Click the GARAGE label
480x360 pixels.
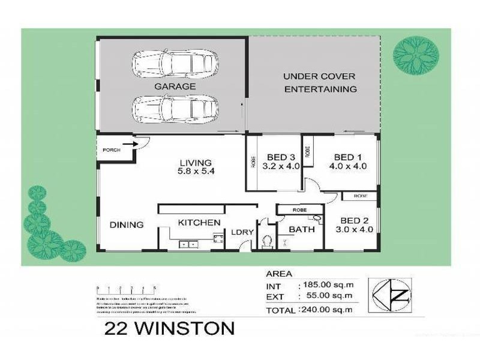pos(175,86)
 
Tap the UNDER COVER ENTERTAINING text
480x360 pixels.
pos(319,83)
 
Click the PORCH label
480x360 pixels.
pos(112,150)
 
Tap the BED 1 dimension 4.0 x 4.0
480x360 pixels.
pos(345,167)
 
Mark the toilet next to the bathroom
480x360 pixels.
pos(268,242)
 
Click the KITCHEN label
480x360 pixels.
pos(199,223)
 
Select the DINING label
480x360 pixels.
pos(127,225)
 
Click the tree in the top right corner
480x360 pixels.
pos(416,55)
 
